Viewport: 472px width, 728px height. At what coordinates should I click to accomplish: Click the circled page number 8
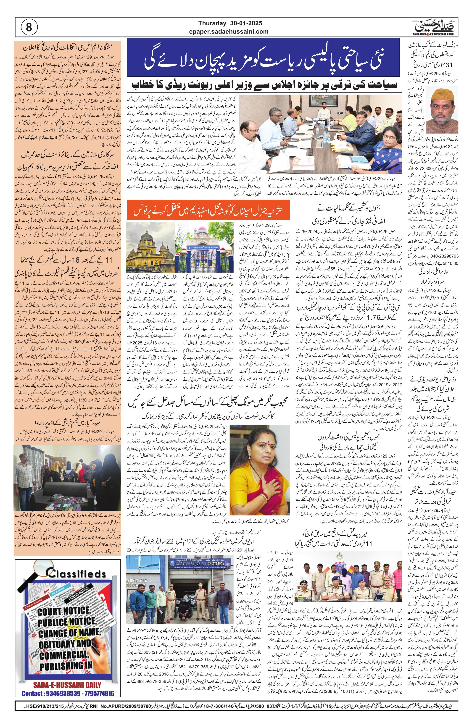click(29, 28)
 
